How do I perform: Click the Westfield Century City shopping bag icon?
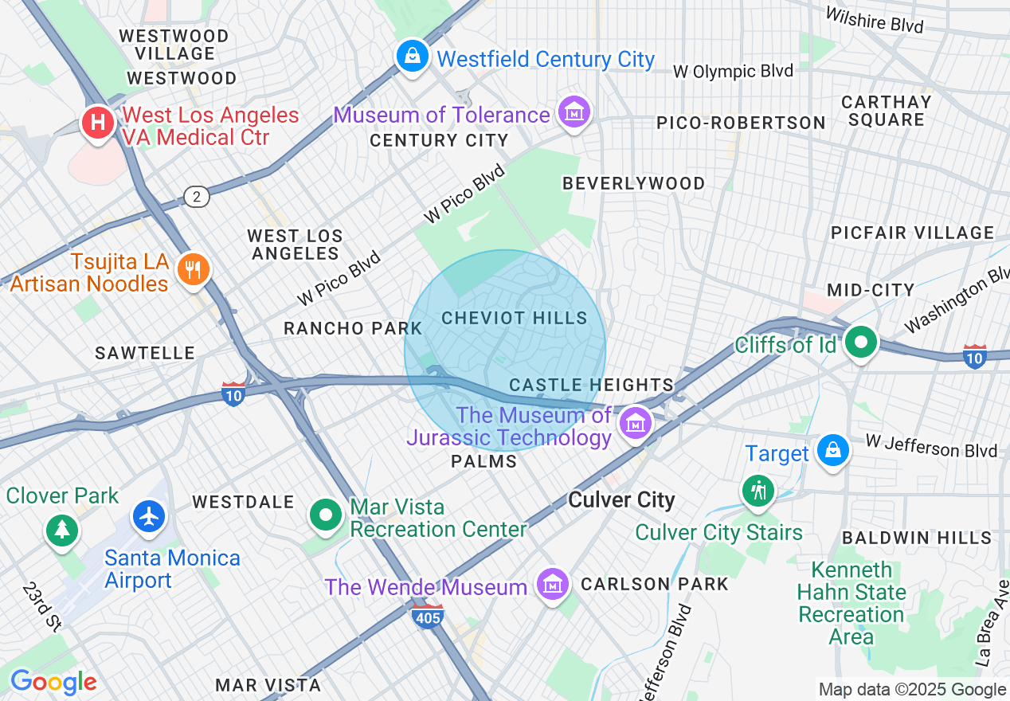[412, 57]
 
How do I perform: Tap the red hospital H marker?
[98, 124]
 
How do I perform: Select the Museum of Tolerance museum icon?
[574, 112]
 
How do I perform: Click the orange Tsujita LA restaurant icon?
[192, 269]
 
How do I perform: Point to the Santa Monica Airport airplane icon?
[149, 516]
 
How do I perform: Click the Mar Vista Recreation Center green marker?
[325, 515]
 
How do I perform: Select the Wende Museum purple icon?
[552, 585]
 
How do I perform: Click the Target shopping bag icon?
[832, 451]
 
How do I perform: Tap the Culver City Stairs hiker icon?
[757, 490]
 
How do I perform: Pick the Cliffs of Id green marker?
[860, 343]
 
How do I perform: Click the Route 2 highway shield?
[196, 196]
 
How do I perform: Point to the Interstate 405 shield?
[429, 615]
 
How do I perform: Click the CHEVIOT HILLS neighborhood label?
[515, 318]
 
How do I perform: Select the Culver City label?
[621, 500]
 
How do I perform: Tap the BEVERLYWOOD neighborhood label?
[634, 183]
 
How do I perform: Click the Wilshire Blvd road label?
[875, 20]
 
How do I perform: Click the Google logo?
[53, 682]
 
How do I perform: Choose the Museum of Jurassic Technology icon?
[636, 424]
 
